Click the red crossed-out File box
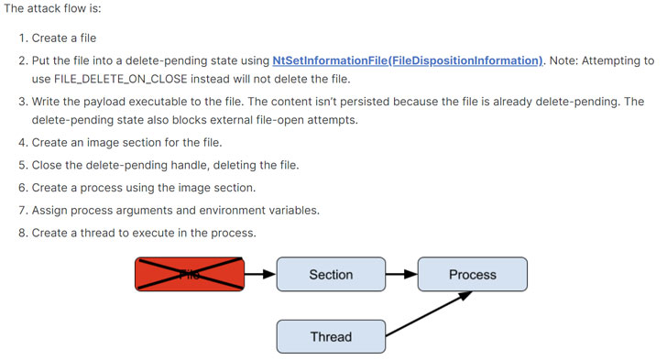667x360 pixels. (190, 274)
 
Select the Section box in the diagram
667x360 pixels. (331, 274)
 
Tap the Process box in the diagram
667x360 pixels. (472, 274)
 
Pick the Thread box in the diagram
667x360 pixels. (331, 336)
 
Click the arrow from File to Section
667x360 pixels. (260, 274)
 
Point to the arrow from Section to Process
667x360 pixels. (401, 274)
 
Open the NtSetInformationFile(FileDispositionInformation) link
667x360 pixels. (408, 60)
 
